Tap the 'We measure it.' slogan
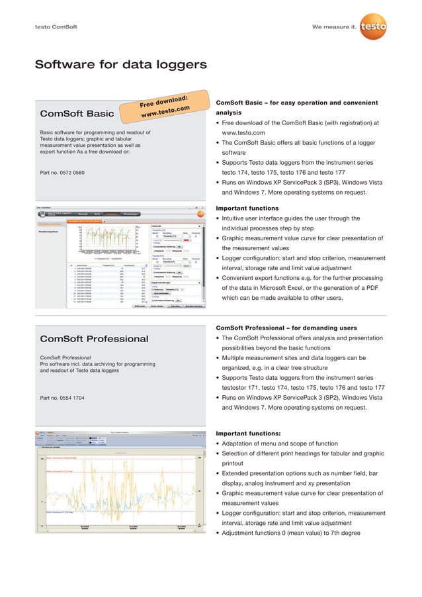(x=334, y=27)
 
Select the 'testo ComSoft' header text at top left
(x=56, y=27)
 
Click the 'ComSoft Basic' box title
(x=77, y=113)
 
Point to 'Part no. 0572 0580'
(x=62, y=173)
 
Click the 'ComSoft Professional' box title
(x=94, y=339)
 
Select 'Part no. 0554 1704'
(x=62, y=398)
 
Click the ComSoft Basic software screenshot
(x=120, y=257)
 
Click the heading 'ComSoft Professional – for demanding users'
(x=286, y=328)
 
